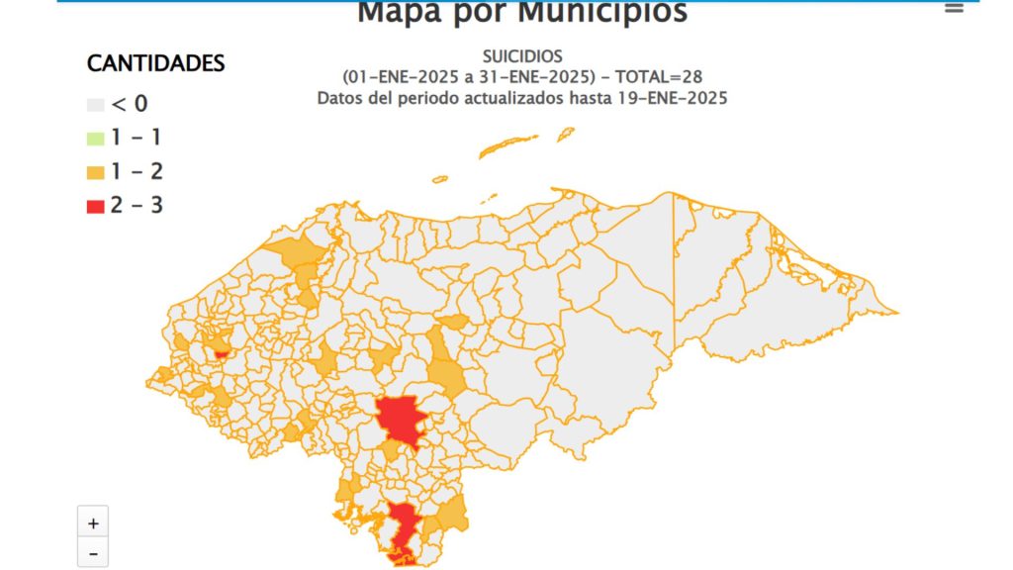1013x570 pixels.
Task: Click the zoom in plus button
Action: click(x=93, y=522)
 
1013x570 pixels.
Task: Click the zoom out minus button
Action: click(x=93, y=554)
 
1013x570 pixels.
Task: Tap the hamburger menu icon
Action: click(x=954, y=8)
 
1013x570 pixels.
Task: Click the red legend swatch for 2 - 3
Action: click(x=96, y=207)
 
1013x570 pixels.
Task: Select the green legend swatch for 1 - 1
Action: click(x=96, y=139)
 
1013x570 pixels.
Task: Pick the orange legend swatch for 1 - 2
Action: click(x=96, y=172)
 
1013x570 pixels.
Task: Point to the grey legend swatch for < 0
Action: click(x=96, y=105)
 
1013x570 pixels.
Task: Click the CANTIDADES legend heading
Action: click(x=156, y=63)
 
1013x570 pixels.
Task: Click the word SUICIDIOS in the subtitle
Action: click(x=522, y=56)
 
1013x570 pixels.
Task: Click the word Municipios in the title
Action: click(x=602, y=12)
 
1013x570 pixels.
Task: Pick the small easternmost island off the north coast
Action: click(x=566, y=132)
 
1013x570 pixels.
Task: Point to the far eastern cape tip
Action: click(x=895, y=313)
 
